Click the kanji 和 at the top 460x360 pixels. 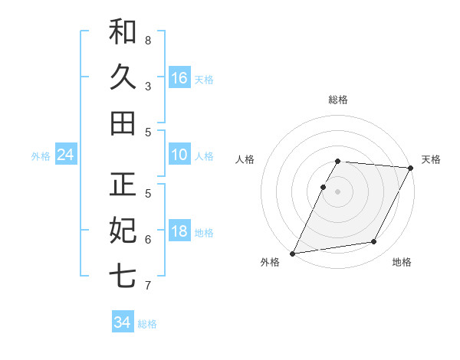coord(123,32)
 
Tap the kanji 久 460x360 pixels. coord(123,77)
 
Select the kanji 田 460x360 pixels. coord(123,123)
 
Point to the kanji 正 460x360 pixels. coord(123,185)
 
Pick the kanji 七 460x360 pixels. coord(123,275)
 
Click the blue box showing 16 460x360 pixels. coord(179,77)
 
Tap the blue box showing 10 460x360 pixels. coord(179,155)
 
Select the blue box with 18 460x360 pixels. coord(179,231)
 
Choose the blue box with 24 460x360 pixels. coord(66,155)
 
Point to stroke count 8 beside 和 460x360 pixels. coord(148,40)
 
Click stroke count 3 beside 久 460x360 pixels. coord(148,86)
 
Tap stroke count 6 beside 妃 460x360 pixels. coord(148,239)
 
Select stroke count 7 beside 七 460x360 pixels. coord(148,285)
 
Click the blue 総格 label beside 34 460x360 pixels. coord(147,324)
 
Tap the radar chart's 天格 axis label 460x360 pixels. coord(431,159)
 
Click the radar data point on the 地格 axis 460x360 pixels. coord(374,242)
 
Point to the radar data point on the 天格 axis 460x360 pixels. coord(411,168)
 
